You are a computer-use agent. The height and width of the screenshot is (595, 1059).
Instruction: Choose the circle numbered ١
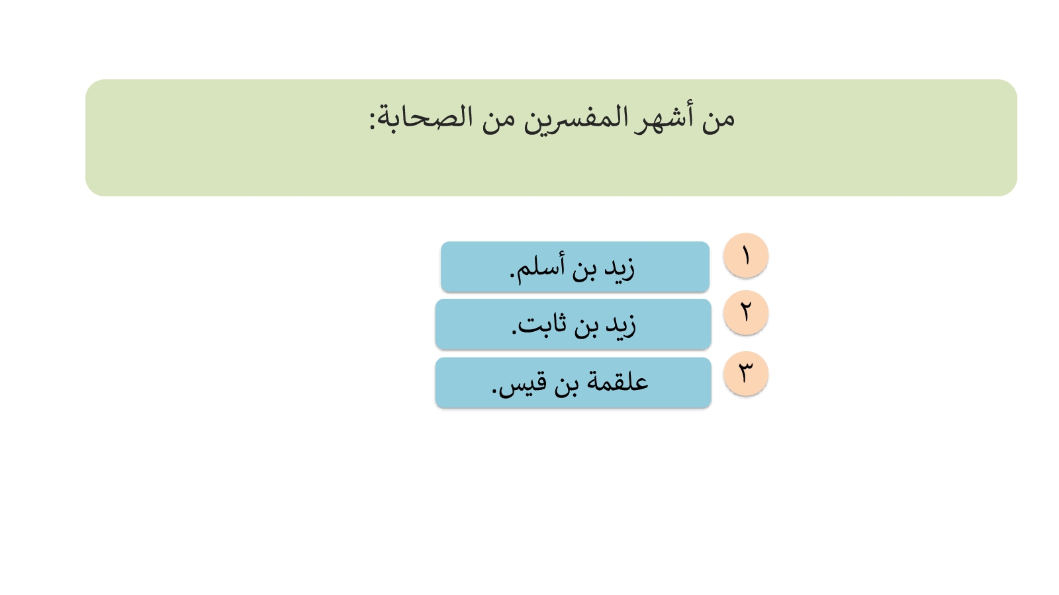(745, 255)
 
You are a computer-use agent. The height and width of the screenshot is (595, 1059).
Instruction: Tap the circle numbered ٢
(745, 313)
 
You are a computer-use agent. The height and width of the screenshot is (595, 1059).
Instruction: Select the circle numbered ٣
(745, 373)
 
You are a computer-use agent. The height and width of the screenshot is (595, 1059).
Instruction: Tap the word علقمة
(618, 381)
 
